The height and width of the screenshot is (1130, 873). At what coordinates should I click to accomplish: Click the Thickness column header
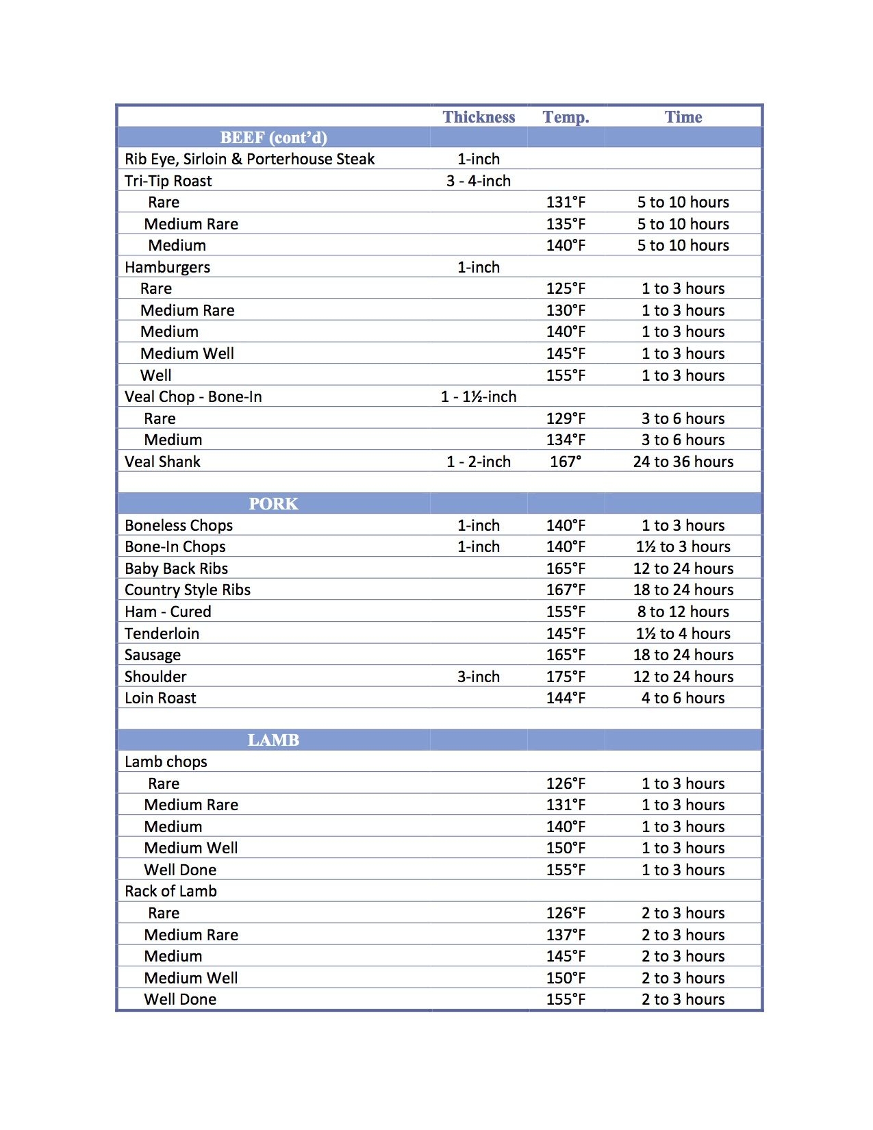(479, 117)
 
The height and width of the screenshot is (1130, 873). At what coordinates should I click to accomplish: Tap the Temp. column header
(566, 117)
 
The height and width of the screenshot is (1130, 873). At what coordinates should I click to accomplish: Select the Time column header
(683, 117)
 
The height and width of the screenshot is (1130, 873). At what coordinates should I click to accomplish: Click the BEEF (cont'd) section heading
(273, 138)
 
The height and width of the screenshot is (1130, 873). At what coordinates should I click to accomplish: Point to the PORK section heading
(273, 504)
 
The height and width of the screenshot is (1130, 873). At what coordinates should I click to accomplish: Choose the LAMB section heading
(273, 740)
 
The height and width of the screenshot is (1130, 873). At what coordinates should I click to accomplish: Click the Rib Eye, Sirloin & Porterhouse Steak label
(249, 160)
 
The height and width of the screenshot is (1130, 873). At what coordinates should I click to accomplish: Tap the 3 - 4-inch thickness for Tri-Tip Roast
(479, 181)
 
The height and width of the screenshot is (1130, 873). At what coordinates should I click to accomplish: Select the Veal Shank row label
(162, 462)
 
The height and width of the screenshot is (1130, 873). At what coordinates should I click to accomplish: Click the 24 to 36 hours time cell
(683, 462)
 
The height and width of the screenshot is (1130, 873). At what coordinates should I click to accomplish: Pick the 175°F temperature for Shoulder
(566, 677)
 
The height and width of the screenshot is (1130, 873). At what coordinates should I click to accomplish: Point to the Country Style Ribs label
(188, 590)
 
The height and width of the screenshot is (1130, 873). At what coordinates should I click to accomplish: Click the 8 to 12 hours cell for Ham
(683, 612)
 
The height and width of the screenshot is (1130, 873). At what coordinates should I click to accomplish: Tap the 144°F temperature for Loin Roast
(566, 698)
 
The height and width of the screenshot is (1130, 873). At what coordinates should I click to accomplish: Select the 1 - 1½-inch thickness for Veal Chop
(479, 397)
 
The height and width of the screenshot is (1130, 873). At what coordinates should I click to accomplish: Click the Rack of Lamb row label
(170, 891)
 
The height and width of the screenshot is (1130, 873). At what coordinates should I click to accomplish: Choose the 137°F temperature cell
(566, 935)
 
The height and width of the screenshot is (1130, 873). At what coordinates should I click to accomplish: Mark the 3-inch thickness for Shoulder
(479, 677)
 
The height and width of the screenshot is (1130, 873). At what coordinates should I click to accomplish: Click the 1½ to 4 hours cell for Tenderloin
(683, 633)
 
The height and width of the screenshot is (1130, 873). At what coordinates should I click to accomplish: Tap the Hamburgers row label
(167, 267)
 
